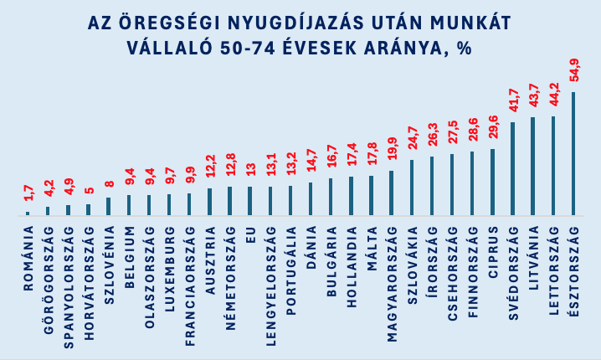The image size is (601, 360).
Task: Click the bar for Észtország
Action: [573, 153]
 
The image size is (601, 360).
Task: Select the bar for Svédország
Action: [513, 168]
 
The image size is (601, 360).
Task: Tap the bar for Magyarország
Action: [392, 193]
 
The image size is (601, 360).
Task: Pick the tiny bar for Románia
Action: [28, 213]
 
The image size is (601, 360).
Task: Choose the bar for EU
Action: [250, 201]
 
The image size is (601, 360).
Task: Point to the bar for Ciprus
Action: [492, 183]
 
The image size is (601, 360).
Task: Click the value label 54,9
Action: [574, 70]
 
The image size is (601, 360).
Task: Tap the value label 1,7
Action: [28, 193]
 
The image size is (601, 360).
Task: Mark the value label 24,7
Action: [413, 137]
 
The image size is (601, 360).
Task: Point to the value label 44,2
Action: [554, 95]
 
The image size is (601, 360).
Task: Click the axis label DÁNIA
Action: [311, 247]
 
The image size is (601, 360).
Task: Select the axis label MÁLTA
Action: [372, 249]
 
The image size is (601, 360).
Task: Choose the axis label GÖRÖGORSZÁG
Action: [49, 280]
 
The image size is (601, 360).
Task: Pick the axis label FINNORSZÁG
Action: [474, 272]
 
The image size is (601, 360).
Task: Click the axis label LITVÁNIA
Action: [534, 258]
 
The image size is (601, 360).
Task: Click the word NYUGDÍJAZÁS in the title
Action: [295, 23]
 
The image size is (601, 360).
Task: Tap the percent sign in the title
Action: [464, 49]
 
